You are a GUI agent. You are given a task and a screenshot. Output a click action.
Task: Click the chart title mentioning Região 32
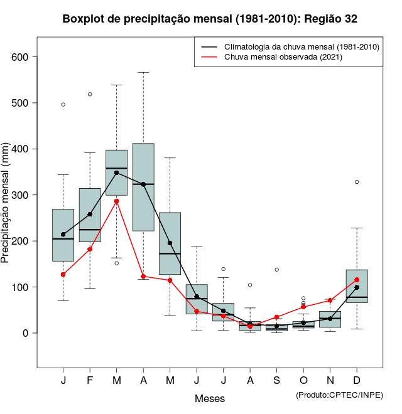coord(210,19)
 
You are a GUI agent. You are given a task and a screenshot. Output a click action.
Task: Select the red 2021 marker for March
coord(116,201)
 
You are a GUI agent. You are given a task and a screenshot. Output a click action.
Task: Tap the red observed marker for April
coord(143,276)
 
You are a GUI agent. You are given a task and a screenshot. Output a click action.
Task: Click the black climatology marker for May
coord(170,243)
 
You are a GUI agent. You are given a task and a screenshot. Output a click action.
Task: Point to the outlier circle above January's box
coord(63,104)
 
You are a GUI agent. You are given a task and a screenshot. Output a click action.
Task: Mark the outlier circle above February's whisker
coord(90,94)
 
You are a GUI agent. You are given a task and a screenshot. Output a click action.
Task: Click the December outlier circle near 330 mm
coord(357,182)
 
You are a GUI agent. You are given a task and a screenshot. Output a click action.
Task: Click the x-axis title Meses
coord(209,398)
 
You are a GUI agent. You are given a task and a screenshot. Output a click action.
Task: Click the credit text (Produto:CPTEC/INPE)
coord(339,395)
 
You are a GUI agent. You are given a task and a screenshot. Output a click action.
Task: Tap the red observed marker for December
coord(357,280)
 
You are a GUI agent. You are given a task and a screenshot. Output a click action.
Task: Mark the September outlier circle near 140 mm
coord(276,270)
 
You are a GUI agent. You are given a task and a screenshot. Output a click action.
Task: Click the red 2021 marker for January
coord(63,274)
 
